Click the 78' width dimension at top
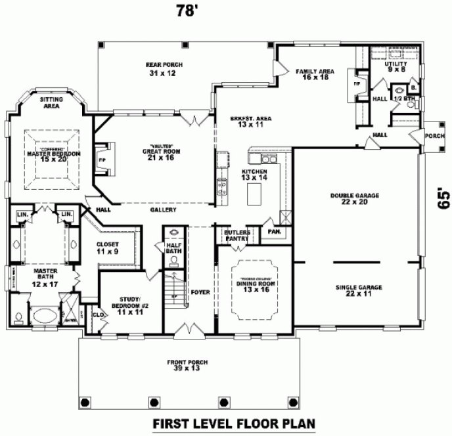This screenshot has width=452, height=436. tap(187, 11)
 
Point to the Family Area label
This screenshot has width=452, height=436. tap(315, 74)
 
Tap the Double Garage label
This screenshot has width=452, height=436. tap(355, 199)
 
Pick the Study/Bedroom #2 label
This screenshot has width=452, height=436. tap(131, 305)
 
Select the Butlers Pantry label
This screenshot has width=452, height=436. tap(237, 236)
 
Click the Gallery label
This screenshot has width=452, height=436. tap(162, 210)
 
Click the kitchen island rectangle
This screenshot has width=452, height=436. tap(254, 194)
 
